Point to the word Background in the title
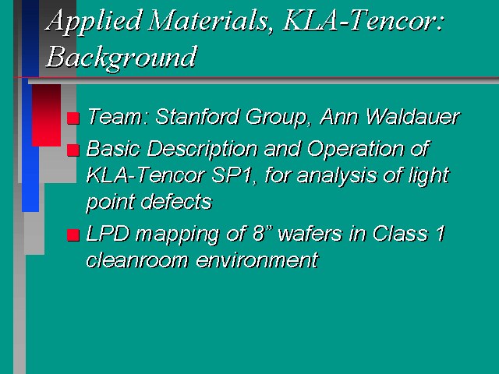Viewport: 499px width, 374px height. (122, 57)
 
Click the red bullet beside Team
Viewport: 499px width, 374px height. (73, 118)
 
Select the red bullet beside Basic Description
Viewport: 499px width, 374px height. (73, 150)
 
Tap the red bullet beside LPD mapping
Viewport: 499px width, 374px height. (73, 235)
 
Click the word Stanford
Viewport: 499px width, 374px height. (197, 116)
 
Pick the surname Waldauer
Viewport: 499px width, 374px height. (412, 116)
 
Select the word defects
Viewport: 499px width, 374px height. (176, 201)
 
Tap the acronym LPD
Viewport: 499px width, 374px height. (108, 234)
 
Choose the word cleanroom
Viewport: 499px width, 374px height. (137, 260)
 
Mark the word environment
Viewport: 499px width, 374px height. (257, 260)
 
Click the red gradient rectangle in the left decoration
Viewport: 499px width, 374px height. (47, 115)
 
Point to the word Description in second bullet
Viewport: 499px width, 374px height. (203, 149)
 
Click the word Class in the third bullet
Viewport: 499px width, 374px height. (400, 234)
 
